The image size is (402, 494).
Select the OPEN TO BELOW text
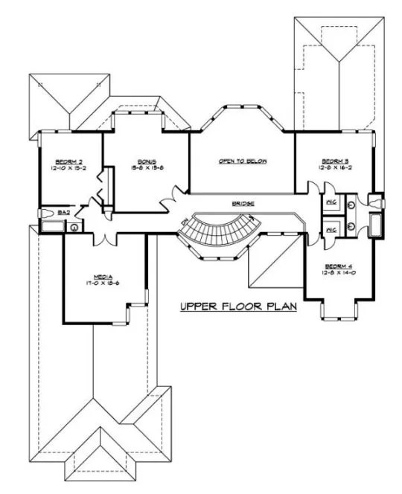tap(242, 161)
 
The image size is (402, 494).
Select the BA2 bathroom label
tap(63, 213)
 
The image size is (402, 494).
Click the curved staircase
tap(224, 231)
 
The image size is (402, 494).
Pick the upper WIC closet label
tap(332, 202)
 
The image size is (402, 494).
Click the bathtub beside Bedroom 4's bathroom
tap(376, 225)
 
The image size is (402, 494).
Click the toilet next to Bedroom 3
tap(378, 202)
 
